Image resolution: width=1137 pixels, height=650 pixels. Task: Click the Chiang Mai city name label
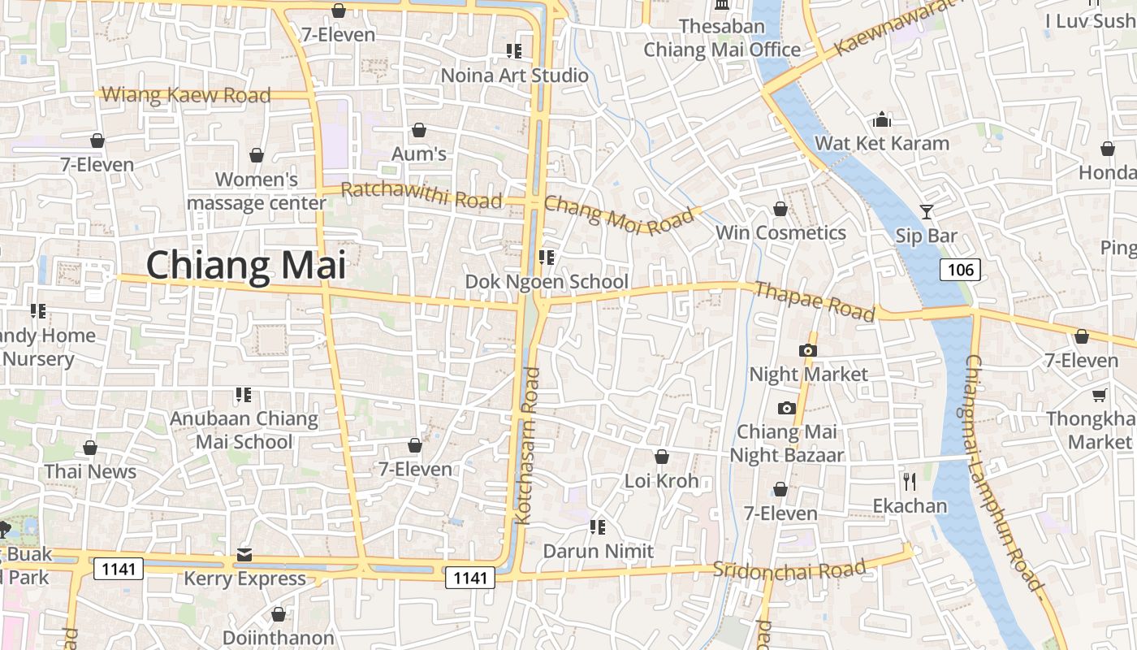click(x=245, y=266)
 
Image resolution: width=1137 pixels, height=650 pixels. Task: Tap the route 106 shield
click(x=960, y=269)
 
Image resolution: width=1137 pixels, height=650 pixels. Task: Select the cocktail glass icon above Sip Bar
click(x=926, y=212)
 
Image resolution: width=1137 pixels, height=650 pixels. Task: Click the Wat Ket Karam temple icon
click(x=882, y=120)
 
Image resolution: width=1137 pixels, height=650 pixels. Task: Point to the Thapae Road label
click(x=815, y=301)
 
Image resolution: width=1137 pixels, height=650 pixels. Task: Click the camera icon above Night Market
click(x=807, y=350)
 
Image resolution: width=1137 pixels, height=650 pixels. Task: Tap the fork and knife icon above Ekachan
click(x=910, y=482)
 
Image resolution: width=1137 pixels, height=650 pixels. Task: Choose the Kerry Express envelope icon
click(x=244, y=555)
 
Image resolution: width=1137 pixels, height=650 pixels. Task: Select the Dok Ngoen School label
click(x=547, y=282)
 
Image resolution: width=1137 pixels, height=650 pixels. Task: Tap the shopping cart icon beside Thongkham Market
click(x=1099, y=395)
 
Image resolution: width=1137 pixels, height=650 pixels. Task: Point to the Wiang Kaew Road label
click(x=186, y=95)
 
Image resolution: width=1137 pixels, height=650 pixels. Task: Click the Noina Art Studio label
click(x=514, y=76)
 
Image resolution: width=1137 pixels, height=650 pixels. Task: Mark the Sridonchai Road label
click(x=789, y=569)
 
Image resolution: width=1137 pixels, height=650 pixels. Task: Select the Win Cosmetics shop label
click(x=780, y=233)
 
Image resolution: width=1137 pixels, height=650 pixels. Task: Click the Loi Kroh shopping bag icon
click(x=662, y=457)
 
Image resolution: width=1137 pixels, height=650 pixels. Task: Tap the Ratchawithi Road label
click(x=421, y=195)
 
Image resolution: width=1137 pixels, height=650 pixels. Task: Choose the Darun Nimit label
click(x=599, y=551)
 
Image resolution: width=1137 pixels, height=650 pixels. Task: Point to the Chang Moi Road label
click(x=619, y=214)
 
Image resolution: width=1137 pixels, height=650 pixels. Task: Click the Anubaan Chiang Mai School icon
click(x=243, y=395)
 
